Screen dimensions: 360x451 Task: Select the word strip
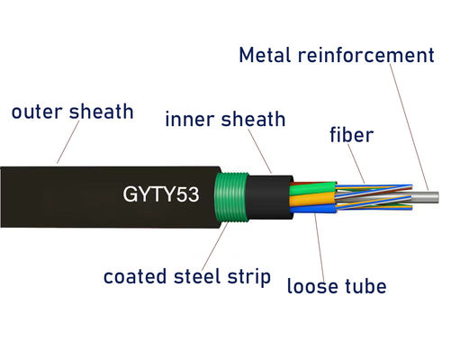[250, 276]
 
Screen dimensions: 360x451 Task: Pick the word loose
[314, 287]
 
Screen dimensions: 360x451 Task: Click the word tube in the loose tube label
[368, 287]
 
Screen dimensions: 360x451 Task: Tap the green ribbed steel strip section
[236, 193]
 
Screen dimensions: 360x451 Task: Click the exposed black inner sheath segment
[267, 193]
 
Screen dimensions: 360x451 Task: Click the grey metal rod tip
[430, 194]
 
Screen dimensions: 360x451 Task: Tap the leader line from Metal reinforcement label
[408, 126]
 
